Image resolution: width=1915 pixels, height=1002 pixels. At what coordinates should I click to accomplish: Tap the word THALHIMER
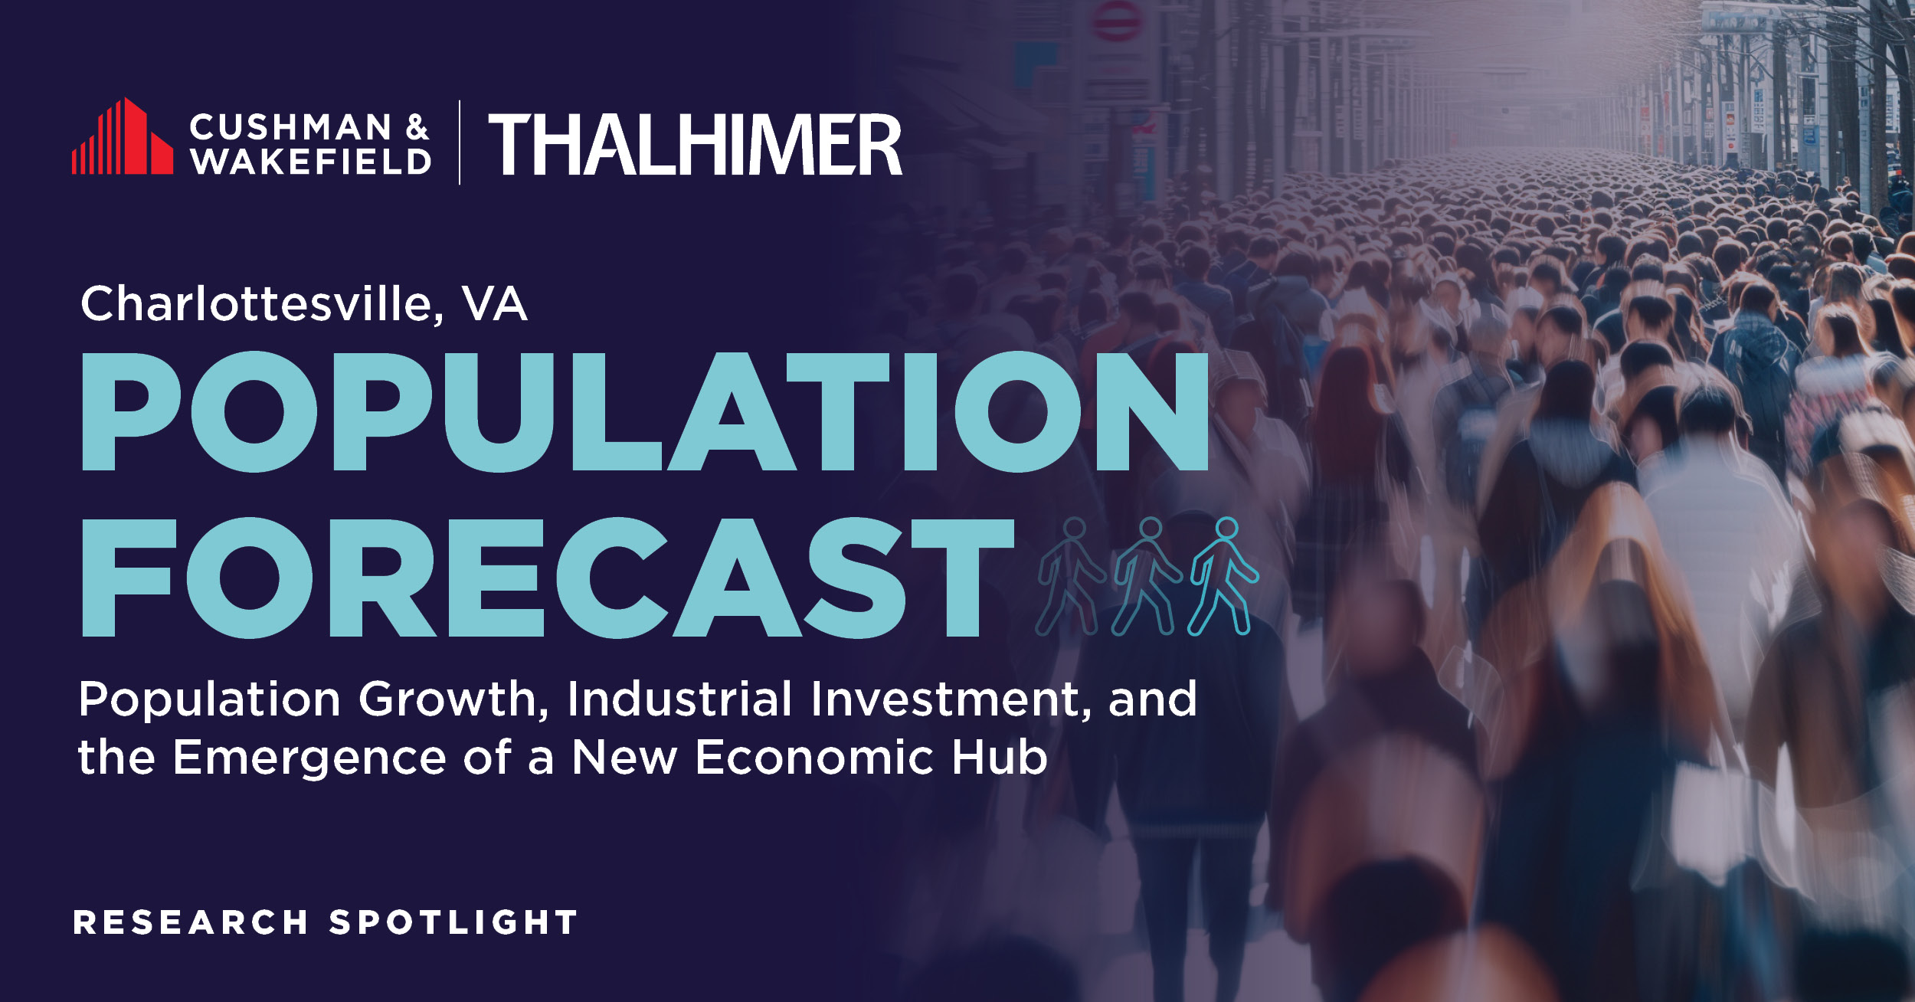[x=696, y=145]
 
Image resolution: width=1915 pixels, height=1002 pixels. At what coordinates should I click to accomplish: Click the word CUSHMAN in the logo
[x=291, y=127]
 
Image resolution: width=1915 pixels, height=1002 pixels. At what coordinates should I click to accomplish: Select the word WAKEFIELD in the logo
[x=311, y=161]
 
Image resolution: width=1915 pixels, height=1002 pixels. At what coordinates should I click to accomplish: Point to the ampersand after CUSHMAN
[x=417, y=127]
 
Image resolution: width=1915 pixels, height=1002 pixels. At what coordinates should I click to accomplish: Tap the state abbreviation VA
[x=495, y=304]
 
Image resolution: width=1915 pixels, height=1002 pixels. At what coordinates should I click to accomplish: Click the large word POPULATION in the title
[x=645, y=411]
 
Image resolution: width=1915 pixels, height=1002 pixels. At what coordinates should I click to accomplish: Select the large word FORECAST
[x=548, y=578]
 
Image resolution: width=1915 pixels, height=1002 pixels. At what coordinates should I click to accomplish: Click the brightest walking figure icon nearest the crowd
[x=1223, y=576]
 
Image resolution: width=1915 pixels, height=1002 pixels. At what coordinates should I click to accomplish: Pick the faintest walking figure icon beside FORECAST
[x=1071, y=576]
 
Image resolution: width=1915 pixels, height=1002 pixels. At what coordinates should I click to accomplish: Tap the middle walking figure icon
[x=1147, y=576]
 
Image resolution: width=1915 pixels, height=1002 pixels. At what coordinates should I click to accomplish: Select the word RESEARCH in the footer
[x=191, y=922]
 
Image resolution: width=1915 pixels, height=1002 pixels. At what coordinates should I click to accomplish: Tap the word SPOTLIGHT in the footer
[x=453, y=922]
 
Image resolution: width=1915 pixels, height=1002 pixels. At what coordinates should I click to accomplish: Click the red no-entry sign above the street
[x=1116, y=20]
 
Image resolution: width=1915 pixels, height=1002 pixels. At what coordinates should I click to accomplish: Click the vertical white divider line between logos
[x=460, y=142]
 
